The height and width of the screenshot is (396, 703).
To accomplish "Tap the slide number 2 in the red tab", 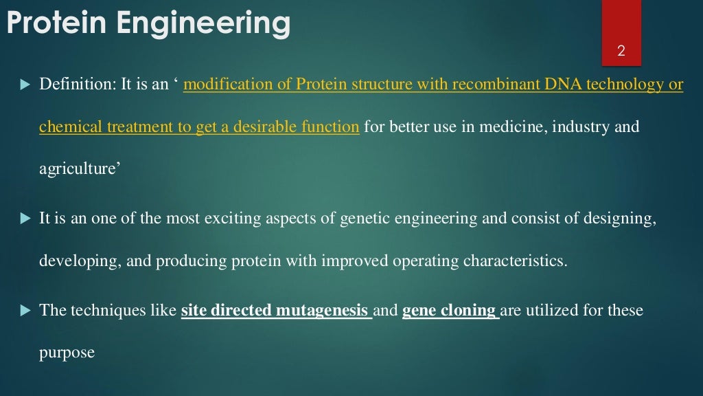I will (621, 51).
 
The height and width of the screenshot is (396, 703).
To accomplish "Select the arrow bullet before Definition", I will (25, 85).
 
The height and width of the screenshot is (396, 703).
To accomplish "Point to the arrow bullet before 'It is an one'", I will (25, 219).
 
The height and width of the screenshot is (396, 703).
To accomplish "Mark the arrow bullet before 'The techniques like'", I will (25, 311).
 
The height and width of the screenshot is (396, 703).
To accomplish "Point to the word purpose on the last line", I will (67, 353).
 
